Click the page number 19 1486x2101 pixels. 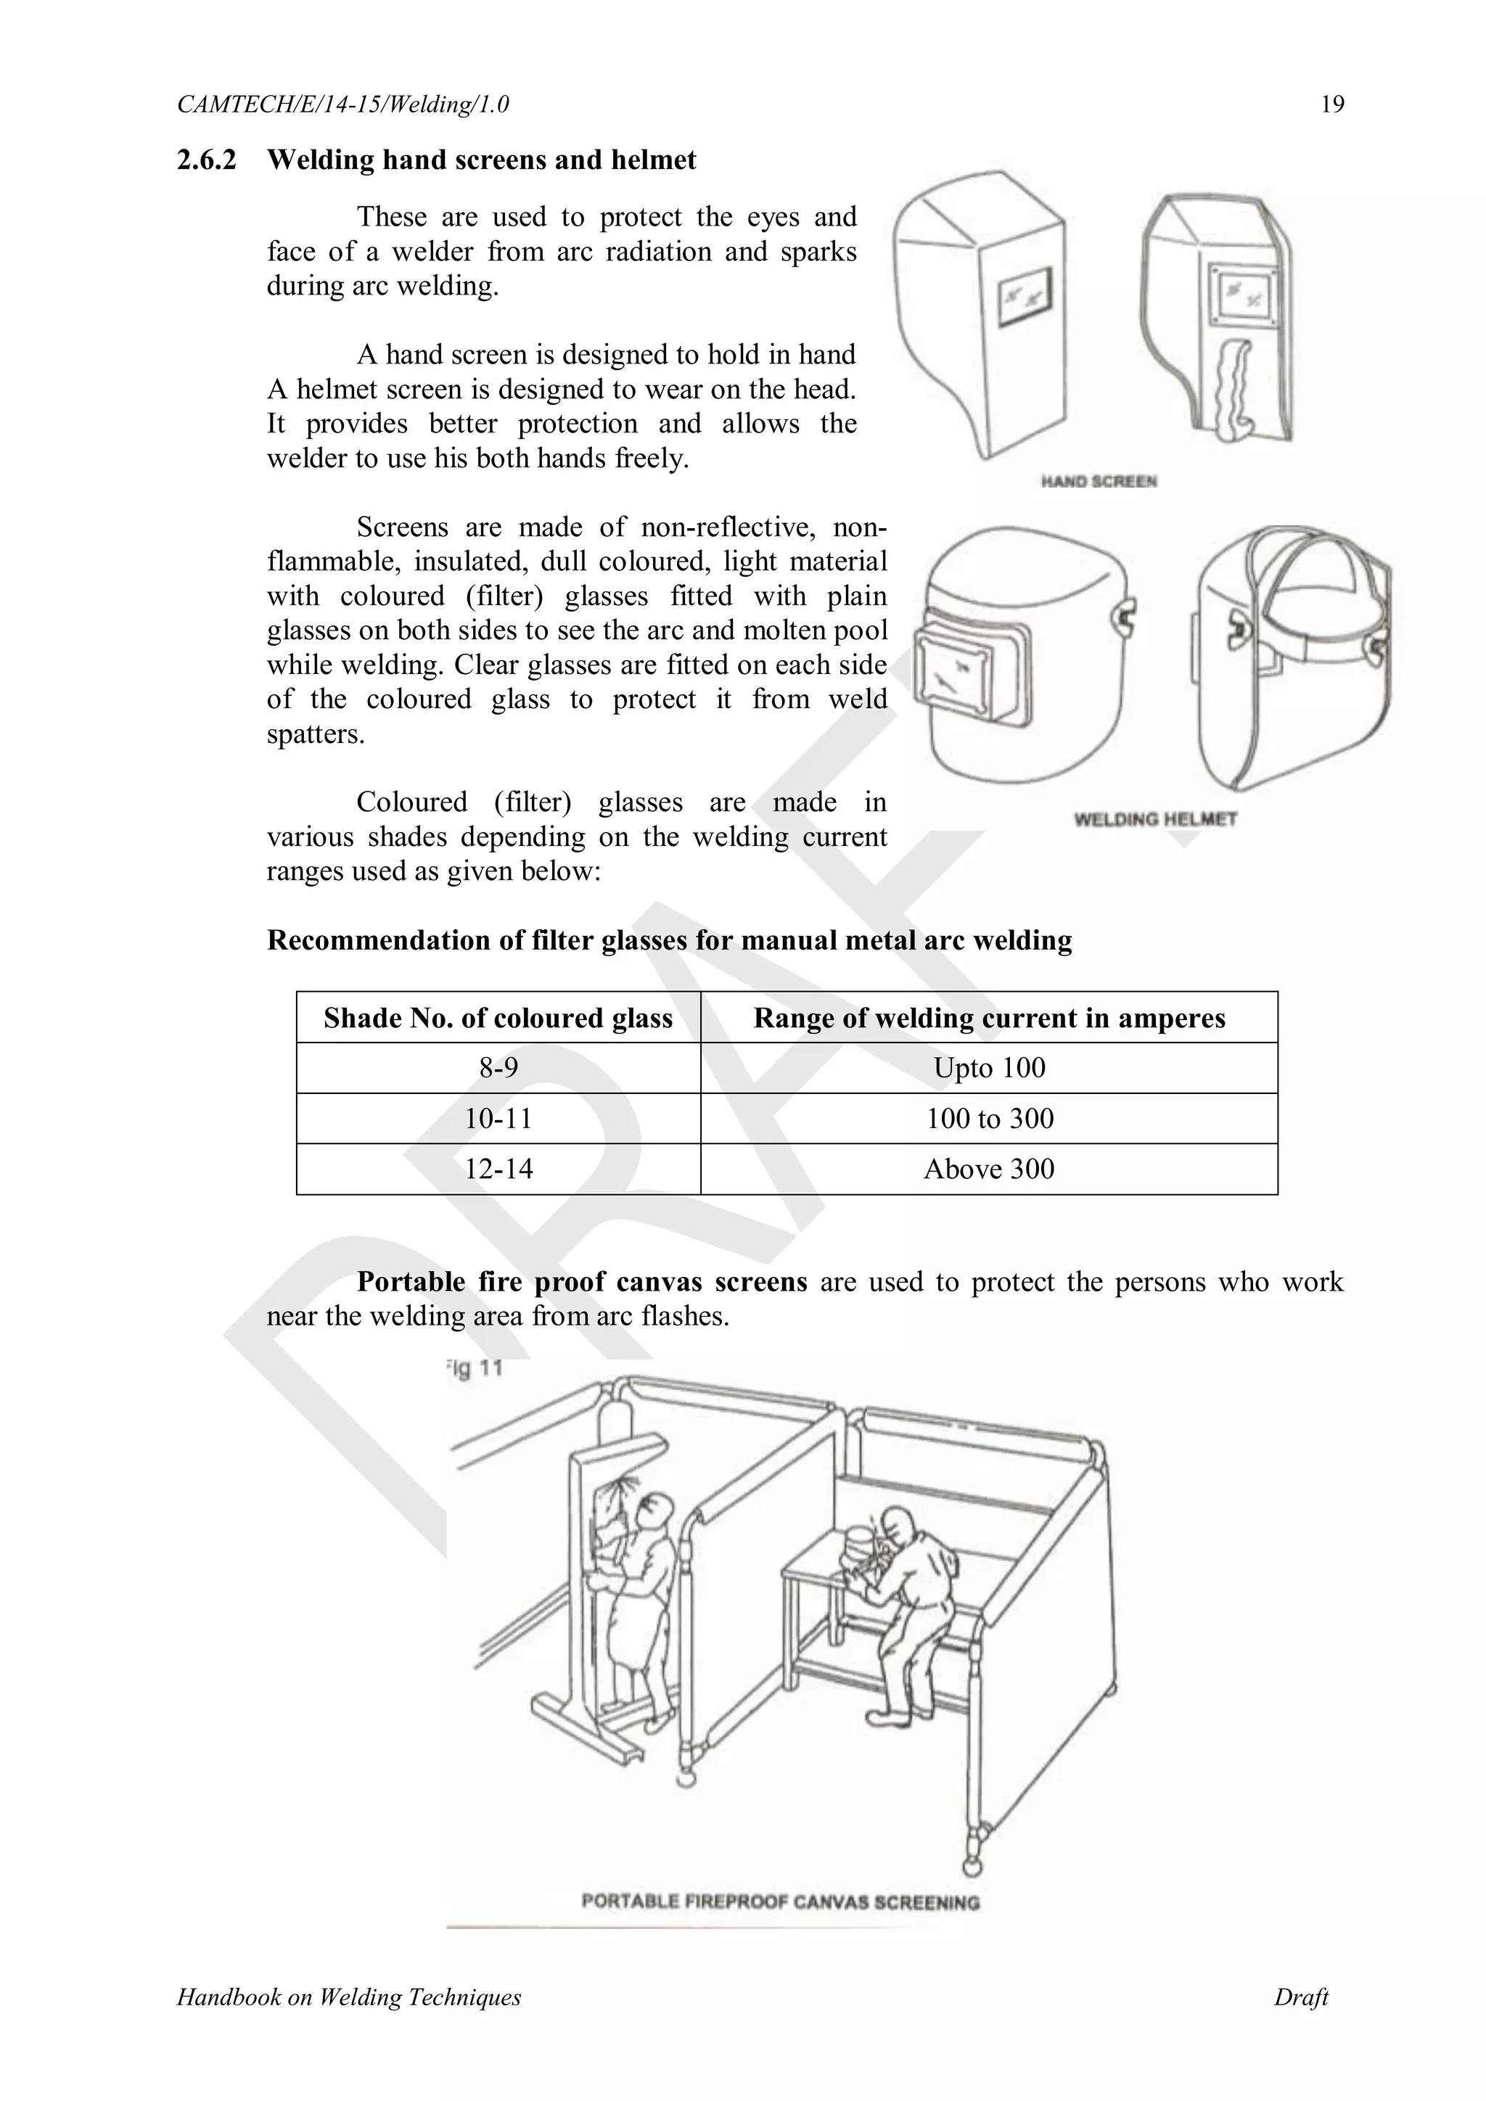[1332, 104]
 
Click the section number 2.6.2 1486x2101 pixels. [206, 160]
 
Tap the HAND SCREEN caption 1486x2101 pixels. [1098, 481]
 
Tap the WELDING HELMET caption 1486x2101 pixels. [1154, 819]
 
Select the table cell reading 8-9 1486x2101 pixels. [498, 1068]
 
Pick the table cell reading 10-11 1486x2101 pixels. [498, 1118]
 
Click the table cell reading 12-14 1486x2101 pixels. [498, 1169]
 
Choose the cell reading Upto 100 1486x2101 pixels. [988, 1068]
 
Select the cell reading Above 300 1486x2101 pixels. [988, 1169]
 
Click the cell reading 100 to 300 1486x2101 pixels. [988, 1118]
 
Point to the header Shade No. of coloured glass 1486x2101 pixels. [498, 1018]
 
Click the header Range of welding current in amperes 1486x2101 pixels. [988, 1018]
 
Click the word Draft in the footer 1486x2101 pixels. [1300, 1997]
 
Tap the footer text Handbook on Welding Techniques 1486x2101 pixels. [348, 1997]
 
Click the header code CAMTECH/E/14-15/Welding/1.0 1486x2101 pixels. [343, 104]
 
